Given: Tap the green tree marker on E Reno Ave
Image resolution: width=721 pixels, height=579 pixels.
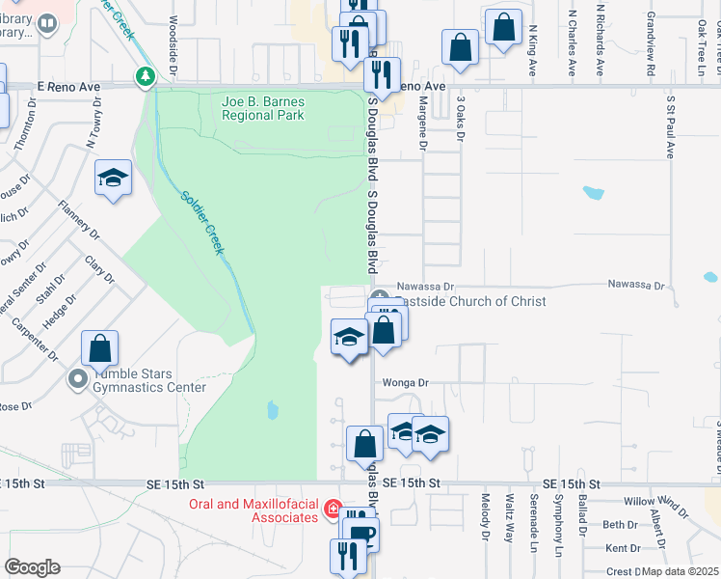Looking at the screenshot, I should point(146,74).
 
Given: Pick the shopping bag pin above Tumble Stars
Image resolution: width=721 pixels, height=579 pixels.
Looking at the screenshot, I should point(99,347).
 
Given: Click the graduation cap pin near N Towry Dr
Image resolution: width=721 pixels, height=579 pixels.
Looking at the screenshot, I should point(114,178).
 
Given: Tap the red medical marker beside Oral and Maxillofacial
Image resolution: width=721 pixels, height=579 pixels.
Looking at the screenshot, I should point(333,508).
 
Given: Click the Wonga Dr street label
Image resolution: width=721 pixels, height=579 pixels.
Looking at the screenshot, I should point(404,383).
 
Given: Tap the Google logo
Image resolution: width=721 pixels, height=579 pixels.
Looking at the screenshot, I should point(32,567).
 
